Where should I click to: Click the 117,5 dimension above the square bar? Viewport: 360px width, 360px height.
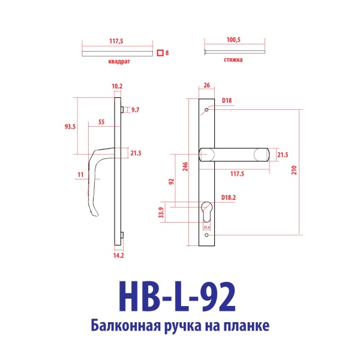point(116,41)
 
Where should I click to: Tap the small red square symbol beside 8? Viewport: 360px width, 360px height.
point(160,53)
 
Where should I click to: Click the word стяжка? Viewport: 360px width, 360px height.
point(233,61)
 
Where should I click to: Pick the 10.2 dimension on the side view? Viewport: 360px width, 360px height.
point(118,86)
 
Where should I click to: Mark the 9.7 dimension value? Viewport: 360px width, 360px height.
point(134,110)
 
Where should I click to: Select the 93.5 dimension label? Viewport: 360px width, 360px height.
point(70,127)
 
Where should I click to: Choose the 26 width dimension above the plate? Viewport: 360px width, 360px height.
point(206,86)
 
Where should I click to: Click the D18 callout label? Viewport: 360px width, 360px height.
point(227,100)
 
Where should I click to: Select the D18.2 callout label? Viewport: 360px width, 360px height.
point(229,197)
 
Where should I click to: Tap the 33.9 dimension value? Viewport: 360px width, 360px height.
point(161,212)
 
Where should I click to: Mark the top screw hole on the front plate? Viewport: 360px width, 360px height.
point(207,110)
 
